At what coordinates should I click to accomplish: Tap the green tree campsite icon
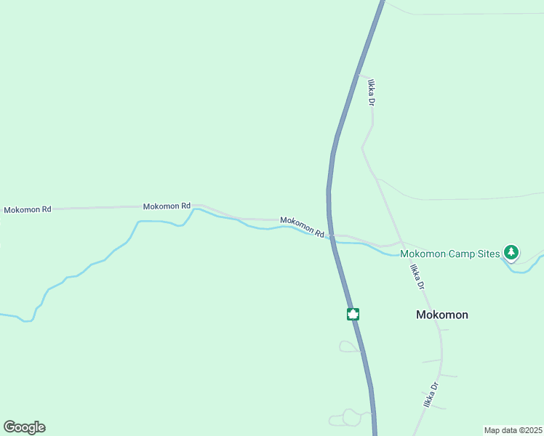click(x=511, y=252)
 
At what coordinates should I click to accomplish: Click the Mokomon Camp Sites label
click(x=450, y=254)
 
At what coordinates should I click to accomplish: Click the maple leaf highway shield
click(x=353, y=314)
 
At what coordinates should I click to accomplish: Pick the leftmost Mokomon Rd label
click(x=28, y=209)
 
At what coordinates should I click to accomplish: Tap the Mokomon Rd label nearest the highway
click(x=302, y=226)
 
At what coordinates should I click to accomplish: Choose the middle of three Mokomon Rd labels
click(x=167, y=206)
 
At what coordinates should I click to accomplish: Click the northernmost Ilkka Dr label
click(x=371, y=93)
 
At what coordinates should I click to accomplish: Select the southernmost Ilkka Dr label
click(x=431, y=395)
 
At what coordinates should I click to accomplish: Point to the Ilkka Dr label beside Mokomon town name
click(x=417, y=278)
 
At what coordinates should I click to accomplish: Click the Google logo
click(x=24, y=427)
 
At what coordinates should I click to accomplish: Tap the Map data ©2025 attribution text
click(x=513, y=430)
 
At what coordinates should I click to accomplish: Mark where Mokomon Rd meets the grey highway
click(x=331, y=236)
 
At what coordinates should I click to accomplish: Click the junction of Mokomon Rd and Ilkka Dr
click(x=401, y=242)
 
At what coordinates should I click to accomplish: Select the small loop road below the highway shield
click(x=348, y=347)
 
